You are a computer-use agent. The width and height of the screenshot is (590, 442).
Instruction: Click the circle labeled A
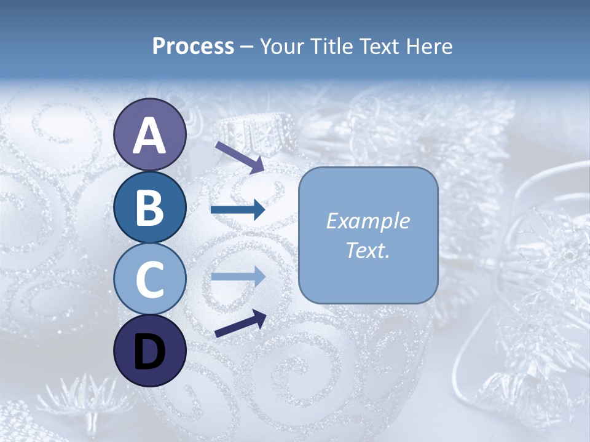pyautogui.click(x=149, y=134)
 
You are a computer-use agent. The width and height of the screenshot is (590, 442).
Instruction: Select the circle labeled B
pyautogui.click(x=149, y=207)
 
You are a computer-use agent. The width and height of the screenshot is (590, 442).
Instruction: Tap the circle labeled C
pyautogui.click(x=149, y=279)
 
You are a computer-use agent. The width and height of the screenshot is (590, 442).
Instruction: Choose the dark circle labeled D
pyautogui.click(x=149, y=351)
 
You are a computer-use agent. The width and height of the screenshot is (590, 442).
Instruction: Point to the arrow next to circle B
pyautogui.click(x=238, y=210)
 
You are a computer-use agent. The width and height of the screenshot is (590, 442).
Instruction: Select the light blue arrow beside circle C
pyautogui.click(x=238, y=277)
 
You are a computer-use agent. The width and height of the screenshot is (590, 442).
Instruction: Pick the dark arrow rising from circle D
pyautogui.click(x=240, y=323)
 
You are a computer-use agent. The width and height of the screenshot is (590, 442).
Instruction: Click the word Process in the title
pyautogui.click(x=193, y=47)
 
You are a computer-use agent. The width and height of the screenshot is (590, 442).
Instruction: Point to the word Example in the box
pyautogui.click(x=368, y=222)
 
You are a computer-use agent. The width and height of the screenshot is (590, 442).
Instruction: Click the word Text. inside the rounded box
pyautogui.click(x=368, y=250)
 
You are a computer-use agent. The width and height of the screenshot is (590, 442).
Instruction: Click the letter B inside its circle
pyautogui.click(x=149, y=207)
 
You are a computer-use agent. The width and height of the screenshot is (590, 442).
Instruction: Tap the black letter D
pyautogui.click(x=149, y=351)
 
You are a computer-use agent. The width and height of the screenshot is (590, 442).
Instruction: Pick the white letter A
pyautogui.click(x=149, y=135)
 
